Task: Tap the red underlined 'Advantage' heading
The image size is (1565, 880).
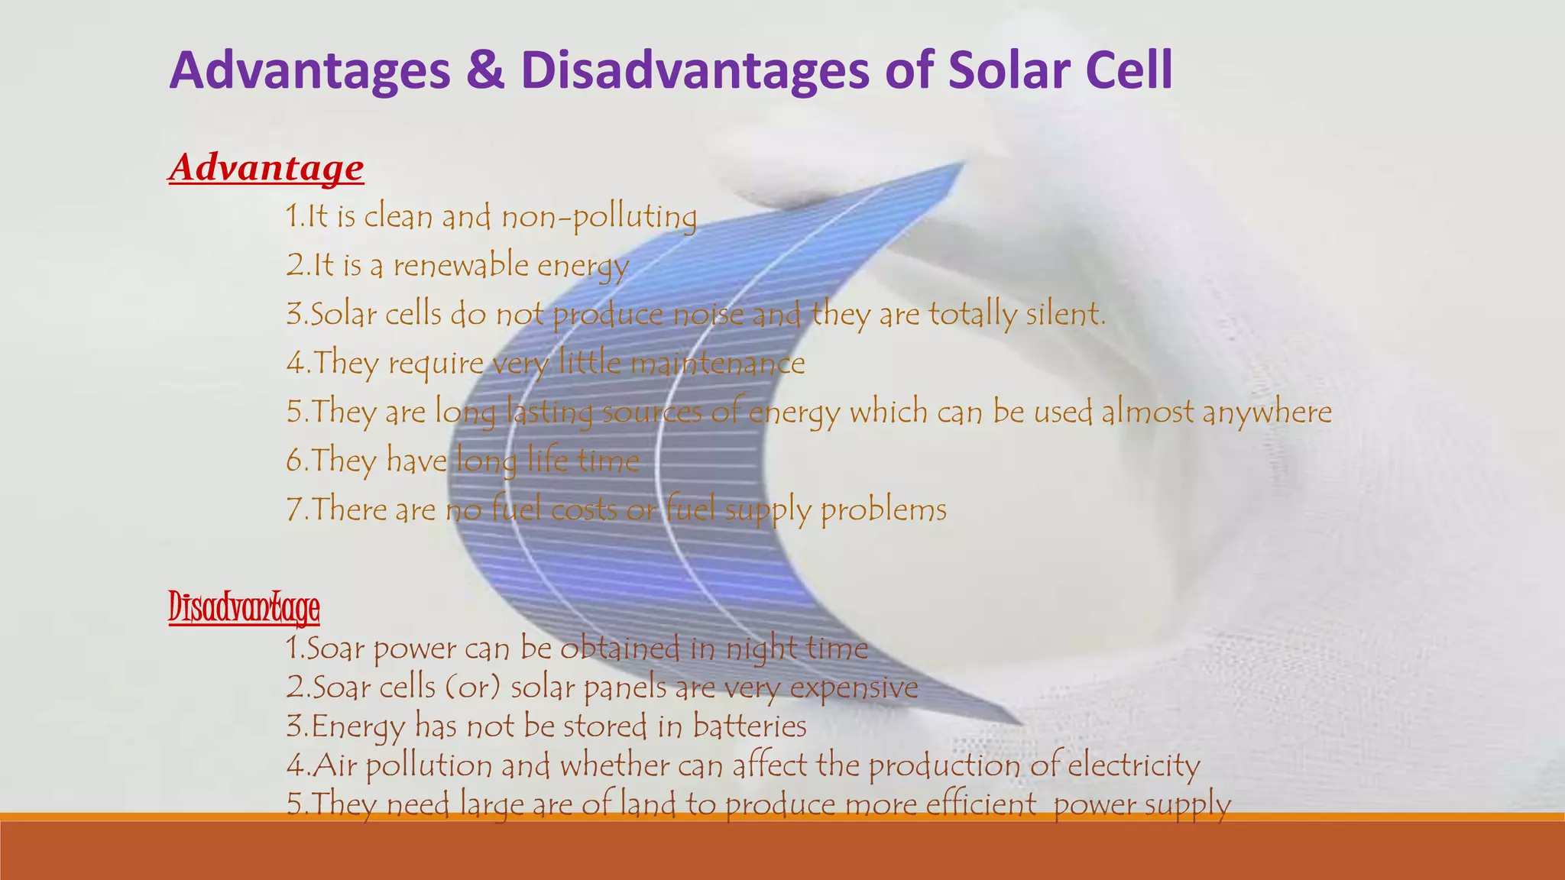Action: pyautogui.click(x=266, y=167)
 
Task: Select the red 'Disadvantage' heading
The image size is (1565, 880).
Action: pyautogui.click(x=244, y=608)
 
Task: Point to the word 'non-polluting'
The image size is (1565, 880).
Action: pyautogui.click(x=599, y=217)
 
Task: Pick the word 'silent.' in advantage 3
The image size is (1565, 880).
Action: pyautogui.click(x=1065, y=314)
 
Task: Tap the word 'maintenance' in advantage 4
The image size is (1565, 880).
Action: pyautogui.click(x=718, y=363)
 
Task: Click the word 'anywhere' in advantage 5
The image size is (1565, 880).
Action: pyautogui.click(x=1266, y=412)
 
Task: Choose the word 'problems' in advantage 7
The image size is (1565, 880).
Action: pyautogui.click(x=883, y=510)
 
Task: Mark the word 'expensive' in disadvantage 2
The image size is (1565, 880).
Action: pyautogui.click(x=854, y=687)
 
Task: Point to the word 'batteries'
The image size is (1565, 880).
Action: pyautogui.click(x=750, y=726)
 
